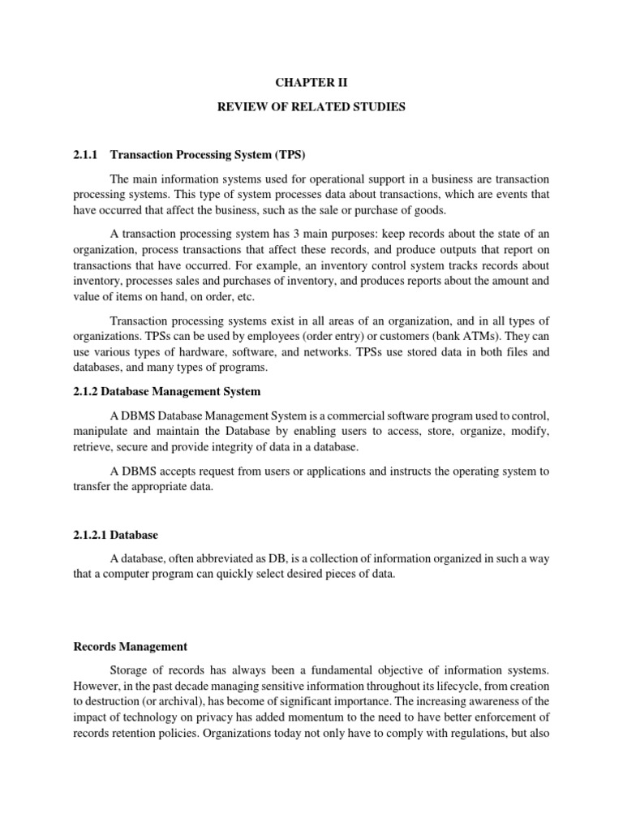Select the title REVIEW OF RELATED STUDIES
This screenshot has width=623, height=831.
click(311, 107)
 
